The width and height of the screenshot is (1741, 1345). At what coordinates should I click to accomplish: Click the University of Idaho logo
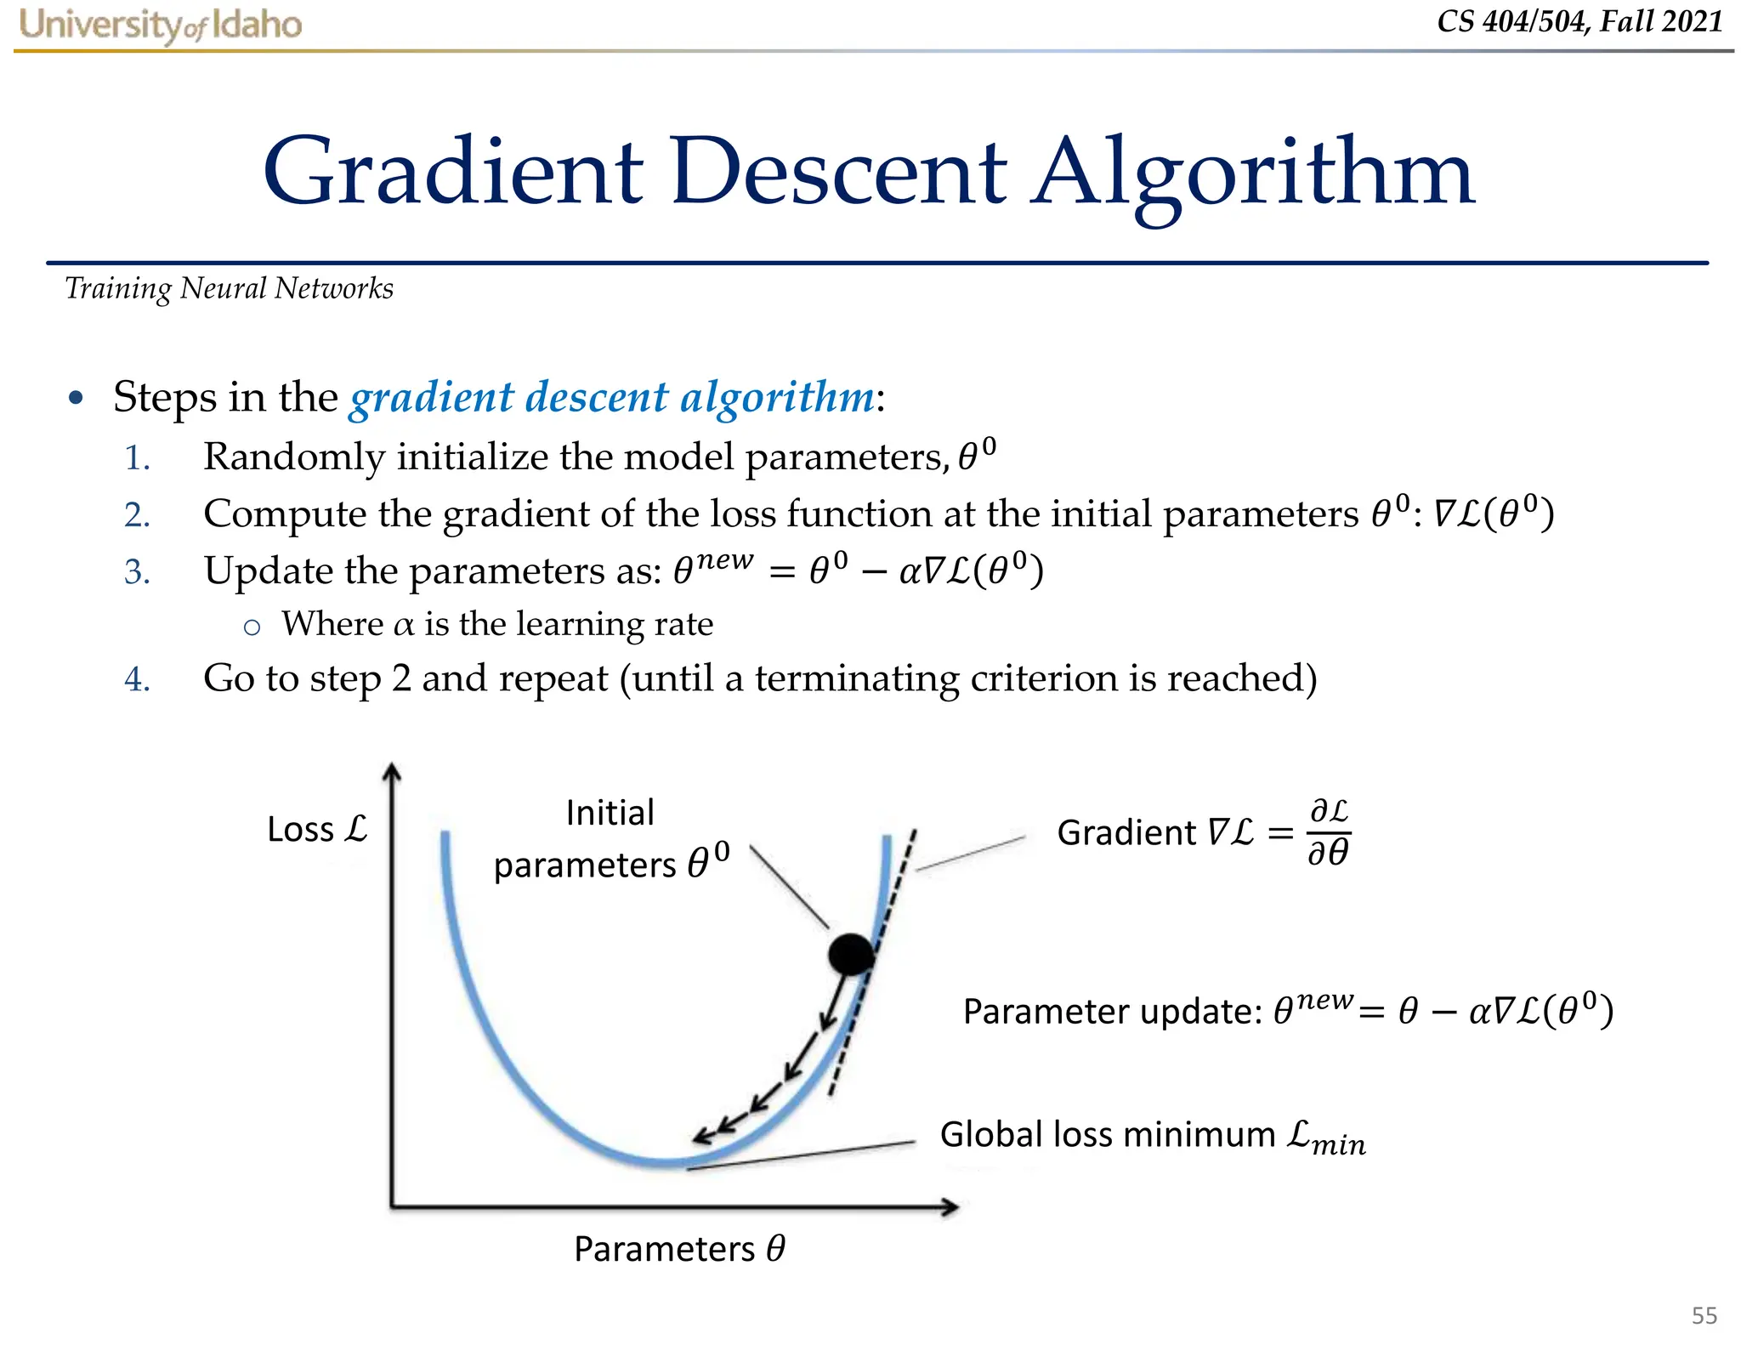coord(161,26)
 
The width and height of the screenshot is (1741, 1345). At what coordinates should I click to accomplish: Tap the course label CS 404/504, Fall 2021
coord(1579,21)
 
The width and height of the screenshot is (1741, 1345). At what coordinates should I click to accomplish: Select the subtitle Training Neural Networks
coord(230,289)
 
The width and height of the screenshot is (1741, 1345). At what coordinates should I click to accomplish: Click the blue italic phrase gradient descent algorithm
coord(612,397)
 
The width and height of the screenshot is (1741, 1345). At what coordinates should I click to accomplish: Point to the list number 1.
coord(137,459)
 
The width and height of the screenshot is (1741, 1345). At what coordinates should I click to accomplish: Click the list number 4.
coord(137,680)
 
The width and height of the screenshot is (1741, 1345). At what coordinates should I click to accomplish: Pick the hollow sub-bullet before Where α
coord(252,627)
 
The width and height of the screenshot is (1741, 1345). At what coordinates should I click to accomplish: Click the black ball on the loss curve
coord(851,954)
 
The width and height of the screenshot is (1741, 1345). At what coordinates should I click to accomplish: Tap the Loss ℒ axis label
coord(316,829)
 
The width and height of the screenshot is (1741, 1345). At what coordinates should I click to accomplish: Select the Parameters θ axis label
coord(679,1249)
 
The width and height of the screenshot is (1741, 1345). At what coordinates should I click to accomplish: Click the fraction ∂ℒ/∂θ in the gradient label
coord(1329,832)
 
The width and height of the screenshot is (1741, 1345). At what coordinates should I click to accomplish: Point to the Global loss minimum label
coord(1152,1136)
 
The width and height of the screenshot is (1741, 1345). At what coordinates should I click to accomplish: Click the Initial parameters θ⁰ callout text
coord(610,839)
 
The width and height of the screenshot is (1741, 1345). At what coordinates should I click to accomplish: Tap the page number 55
coord(1704,1315)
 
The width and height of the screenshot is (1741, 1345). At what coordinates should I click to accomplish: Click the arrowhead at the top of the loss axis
coord(391,770)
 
